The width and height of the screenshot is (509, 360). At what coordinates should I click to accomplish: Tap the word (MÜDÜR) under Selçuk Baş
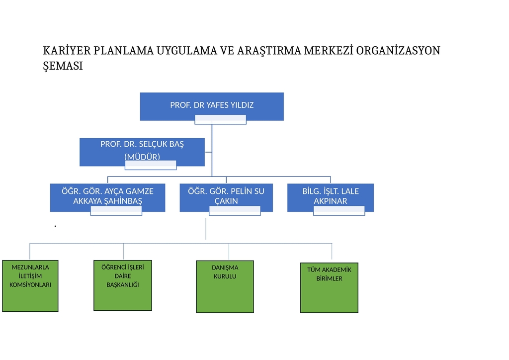pyautogui.click(x=142, y=157)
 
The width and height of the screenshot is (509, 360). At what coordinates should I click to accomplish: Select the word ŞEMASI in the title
pyautogui.click(x=63, y=66)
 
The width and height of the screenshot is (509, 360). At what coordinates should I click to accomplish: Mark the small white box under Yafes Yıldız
pyautogui.click(x=220, y=119)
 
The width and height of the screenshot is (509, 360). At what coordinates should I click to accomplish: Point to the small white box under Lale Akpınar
pyautogui.click(x=339, y=211)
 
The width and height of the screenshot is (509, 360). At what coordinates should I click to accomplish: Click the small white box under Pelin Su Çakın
pyautogui.click(x=235, y=211)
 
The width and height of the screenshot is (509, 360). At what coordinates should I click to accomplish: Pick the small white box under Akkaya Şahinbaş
pyautogui.click(x=116, y=211)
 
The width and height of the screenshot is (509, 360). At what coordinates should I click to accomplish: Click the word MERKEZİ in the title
pyautogui.click(x=328, y=51)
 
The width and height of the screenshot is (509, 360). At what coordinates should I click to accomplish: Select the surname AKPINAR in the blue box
pyautogui.click(x=331, y=201)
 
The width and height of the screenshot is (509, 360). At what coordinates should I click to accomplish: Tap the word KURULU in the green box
pyautogui.click(x=225, y=276)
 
